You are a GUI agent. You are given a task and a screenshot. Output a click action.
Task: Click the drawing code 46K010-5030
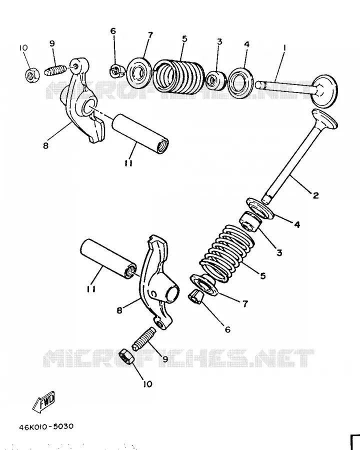pos(46,426)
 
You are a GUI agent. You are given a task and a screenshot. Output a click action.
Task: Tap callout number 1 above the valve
pos(284,48)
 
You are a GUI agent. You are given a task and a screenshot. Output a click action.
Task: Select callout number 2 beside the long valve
pos(315,195)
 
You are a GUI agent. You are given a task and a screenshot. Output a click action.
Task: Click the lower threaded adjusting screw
pos(144,339)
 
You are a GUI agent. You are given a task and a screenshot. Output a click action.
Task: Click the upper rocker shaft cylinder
pos(140,133)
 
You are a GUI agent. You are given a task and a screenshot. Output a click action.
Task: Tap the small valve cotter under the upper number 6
pos(117,71)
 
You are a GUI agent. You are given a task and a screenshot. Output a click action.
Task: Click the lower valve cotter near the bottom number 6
pos(196,296)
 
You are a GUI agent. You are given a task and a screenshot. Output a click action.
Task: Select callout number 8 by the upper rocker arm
pos(45,145)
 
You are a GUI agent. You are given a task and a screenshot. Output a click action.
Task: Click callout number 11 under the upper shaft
pos(128,163)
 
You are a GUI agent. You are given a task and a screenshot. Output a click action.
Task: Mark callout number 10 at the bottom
pos(147,384)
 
